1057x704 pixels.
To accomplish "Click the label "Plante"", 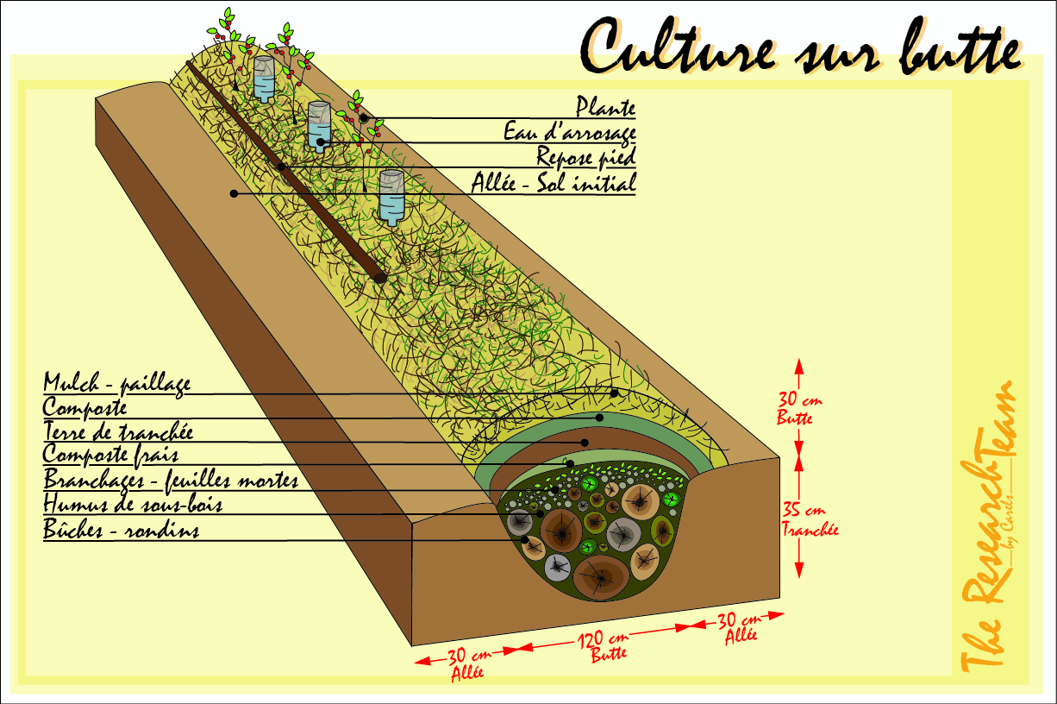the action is click(606, 107).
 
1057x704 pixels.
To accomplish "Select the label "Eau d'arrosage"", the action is click(570, 132).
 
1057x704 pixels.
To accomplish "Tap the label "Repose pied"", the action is click(586, 157).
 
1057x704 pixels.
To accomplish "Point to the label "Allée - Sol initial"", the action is click(554, 182).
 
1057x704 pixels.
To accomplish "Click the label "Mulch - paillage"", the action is click(117, 383).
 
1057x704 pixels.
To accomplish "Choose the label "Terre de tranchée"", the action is click(118, 431).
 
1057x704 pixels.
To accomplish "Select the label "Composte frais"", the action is click(110, 456).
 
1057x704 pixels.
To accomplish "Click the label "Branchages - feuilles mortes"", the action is click(171, 480).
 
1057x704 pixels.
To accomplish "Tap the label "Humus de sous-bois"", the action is click(133, 504).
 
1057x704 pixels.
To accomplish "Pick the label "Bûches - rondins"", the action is click(121, 529).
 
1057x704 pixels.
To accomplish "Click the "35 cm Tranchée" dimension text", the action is click(808, 519).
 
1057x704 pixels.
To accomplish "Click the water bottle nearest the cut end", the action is click(391, 198).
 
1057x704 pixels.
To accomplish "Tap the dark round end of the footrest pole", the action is click(380, 278).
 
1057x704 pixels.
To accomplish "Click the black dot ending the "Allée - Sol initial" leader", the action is click(234, 193).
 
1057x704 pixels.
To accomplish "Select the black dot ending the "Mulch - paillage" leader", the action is click(614, 393).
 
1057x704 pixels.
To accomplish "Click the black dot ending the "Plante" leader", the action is click(363, 117).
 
